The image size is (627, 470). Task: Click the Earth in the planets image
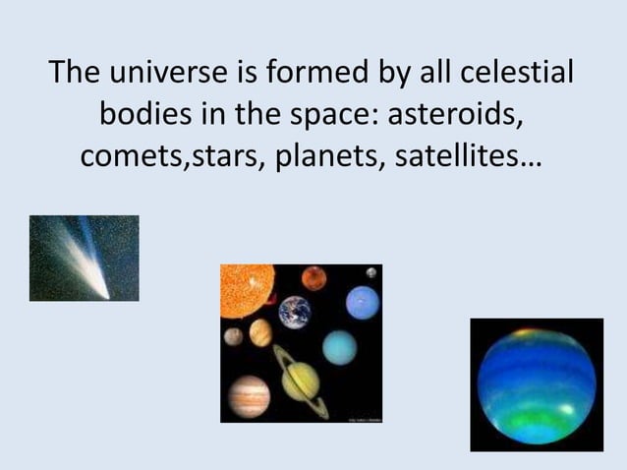[294, 313]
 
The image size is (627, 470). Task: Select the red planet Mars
[314, 278]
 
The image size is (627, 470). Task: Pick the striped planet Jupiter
[248, 395]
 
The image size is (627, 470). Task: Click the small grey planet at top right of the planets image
[370, 272]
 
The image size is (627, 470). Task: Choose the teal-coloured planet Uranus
[340, 346]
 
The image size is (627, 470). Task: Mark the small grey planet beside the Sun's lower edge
[233, 336]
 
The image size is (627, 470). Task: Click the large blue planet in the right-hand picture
[537, 384]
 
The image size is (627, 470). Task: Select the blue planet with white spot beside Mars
[363, 302]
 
